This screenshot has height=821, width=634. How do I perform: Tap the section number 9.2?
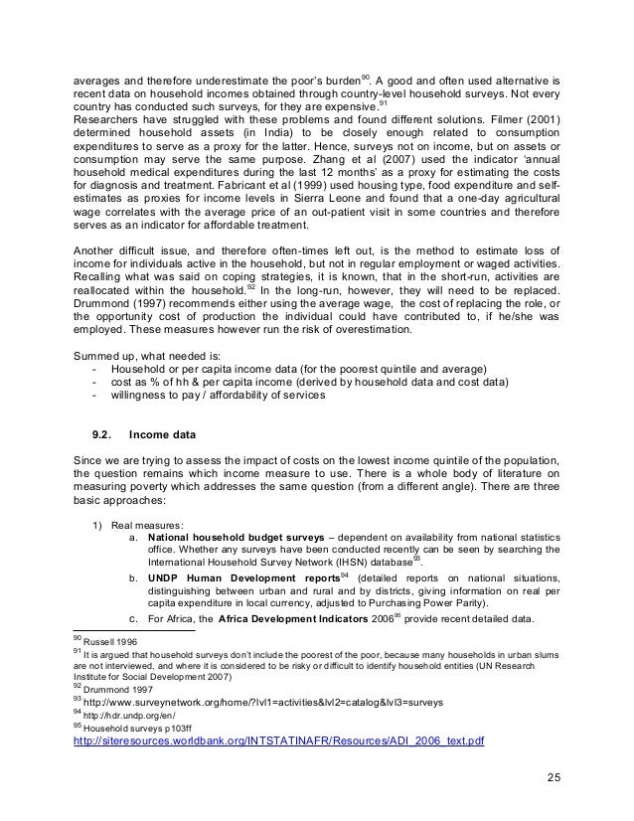pyautogui.click(x=103, y=433)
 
